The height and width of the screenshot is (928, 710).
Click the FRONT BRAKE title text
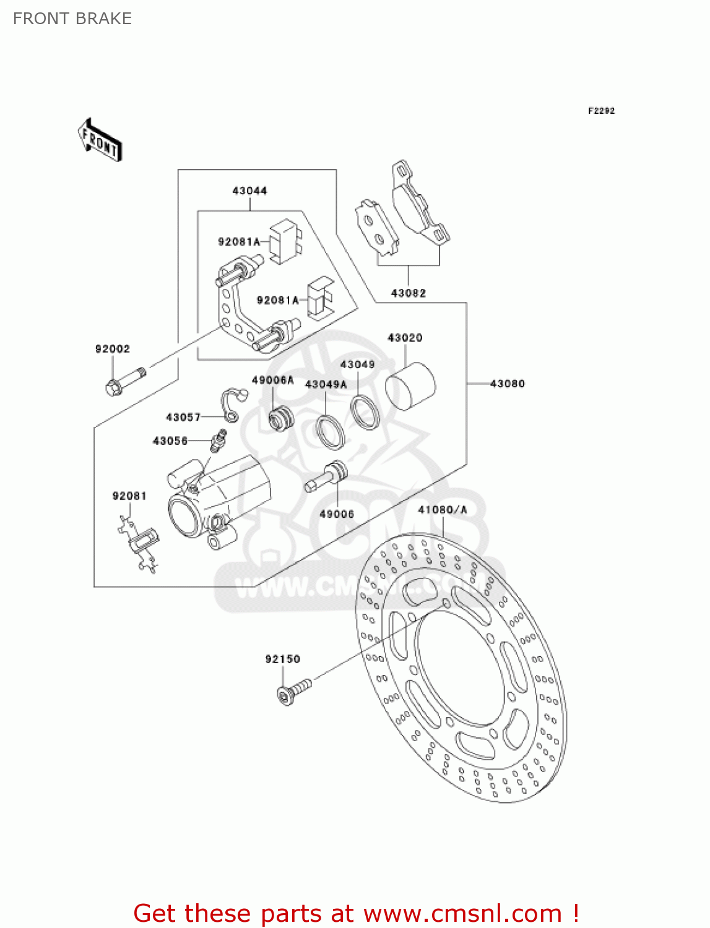[72, 19]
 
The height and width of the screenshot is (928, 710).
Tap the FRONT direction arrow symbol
[100, 140]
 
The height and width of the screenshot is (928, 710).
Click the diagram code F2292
[601, 111]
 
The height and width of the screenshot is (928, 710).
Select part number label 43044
[249, 191]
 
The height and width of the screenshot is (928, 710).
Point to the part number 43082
[408, 293]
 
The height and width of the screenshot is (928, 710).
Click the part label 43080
[507, 384]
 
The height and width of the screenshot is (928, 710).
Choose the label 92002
[113, 349]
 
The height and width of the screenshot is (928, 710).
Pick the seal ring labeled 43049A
[330, 431]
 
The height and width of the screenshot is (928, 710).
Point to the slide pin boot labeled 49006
[326, 478]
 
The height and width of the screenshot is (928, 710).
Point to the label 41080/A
[442, 510]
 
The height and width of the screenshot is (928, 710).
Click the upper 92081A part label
[239, 242]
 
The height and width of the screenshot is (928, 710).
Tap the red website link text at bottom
[356, 913]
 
